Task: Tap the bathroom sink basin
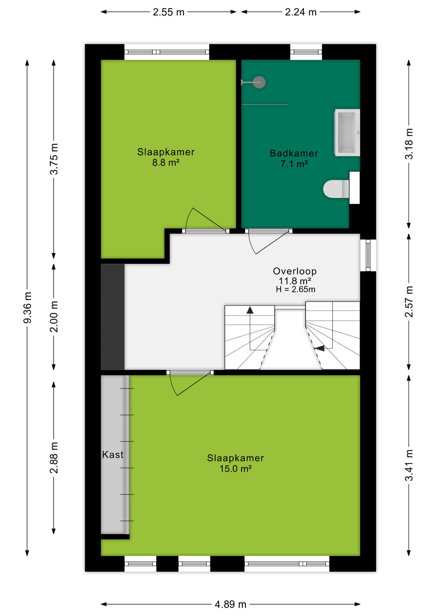347,133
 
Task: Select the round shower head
259,82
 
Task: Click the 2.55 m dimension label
169,12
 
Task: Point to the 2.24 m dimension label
301,12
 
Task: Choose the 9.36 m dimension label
28,308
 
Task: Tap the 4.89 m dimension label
231,604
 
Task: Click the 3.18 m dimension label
409,144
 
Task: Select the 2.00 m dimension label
54,316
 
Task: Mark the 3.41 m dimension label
409,466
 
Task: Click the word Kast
113,455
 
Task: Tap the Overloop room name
295,271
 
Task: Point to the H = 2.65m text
295,289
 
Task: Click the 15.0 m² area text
235,469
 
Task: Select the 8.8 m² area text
166,163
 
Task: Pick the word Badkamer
294,153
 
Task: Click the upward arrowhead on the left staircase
250,310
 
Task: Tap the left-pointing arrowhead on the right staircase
319,348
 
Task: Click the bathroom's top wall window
306,52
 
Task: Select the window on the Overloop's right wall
368,255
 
